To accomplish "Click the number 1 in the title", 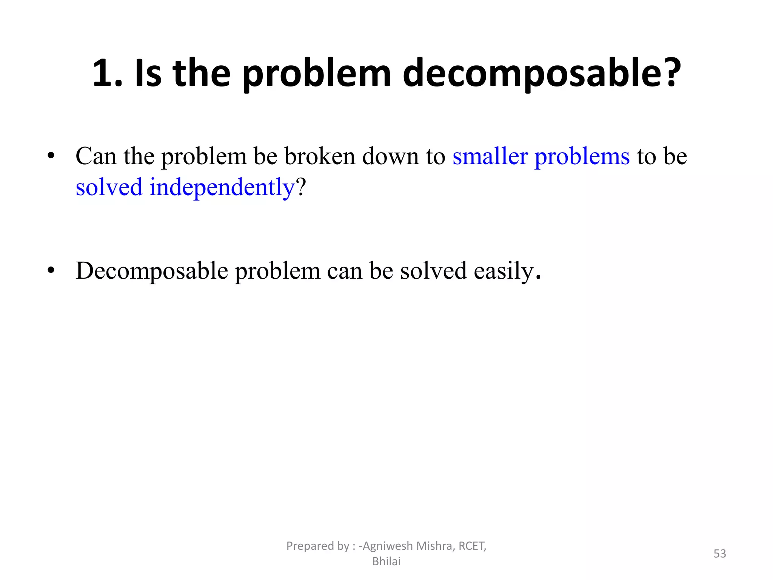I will coord(104,73).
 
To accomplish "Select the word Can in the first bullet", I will coord(96,156).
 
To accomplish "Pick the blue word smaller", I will coord(490,156).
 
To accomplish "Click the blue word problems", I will coord(582,157).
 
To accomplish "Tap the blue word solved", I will coord(109,187).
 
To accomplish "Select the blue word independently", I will coord(222,188).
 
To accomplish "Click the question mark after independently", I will coord(301,187).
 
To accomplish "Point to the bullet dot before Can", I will coord(51,156).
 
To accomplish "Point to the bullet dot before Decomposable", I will coord(51,270).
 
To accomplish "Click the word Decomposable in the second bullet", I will coord(152,271).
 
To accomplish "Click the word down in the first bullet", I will coord(390,156).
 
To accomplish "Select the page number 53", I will coord(720,554).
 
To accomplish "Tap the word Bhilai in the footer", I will coord(386,561).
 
